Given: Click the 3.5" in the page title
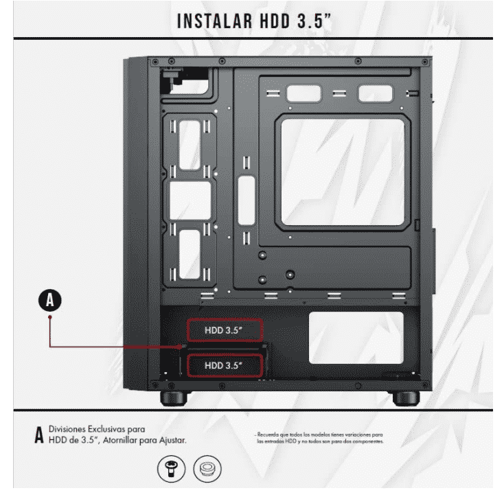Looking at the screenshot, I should click(x=313, y=20).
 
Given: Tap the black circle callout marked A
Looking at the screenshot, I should click(x=49, y=300).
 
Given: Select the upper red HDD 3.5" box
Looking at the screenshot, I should click(x=224, y=331).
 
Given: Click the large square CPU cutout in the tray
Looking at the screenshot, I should click(x=343, y=172).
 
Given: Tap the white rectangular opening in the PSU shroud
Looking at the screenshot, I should click(x=356, y=338).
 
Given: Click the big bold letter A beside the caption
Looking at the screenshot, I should click(x=38, y=434).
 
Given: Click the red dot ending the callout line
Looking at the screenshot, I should click(x=49, y=319).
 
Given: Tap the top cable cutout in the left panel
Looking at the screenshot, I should click(x=190, y=144).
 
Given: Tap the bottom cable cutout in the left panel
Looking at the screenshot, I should click(x=190, y=253).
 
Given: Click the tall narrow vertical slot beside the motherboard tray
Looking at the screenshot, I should click(x=246, y=200).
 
